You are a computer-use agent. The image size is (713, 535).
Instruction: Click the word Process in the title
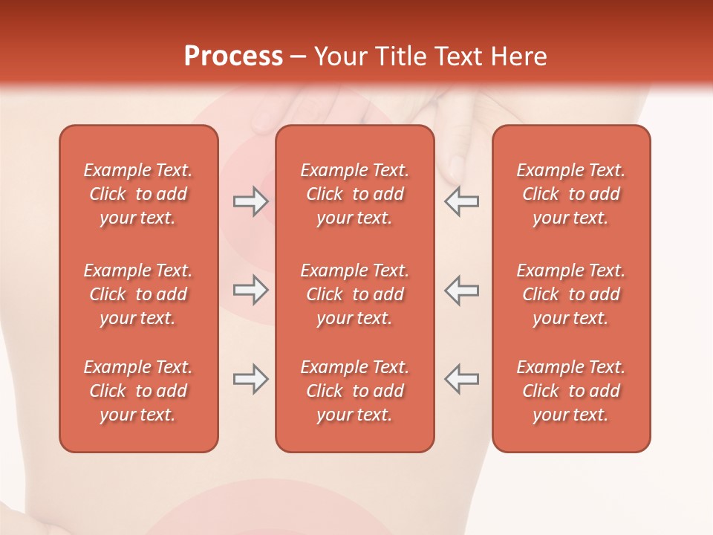[233, 56]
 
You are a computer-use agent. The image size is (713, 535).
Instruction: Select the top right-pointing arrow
[251, 201]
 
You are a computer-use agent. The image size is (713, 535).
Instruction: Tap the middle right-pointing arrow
[251, 290]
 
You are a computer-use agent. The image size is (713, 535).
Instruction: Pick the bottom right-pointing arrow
[251, 379]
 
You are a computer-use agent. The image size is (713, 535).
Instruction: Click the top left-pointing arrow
[461, 201]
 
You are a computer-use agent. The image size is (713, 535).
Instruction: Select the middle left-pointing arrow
[461, 290]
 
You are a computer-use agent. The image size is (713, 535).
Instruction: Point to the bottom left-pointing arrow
[461, 379]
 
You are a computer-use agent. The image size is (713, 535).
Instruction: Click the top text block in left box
[138, 194]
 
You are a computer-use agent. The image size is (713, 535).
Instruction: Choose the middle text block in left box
[138, 294]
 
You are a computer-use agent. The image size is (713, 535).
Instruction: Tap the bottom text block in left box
[138, 391]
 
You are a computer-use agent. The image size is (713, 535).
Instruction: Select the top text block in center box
[355, 194]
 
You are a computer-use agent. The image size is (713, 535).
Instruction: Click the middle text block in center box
[355, 294]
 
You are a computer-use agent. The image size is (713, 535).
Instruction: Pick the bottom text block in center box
[355, 391]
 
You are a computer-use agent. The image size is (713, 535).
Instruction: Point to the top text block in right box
[571, 194]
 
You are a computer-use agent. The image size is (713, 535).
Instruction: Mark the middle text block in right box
[571, 294]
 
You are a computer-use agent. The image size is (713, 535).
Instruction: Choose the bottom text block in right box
[571, 391]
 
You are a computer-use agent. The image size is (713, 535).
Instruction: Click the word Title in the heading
[402, 56]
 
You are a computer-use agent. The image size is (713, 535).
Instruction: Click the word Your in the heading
[342, 56]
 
